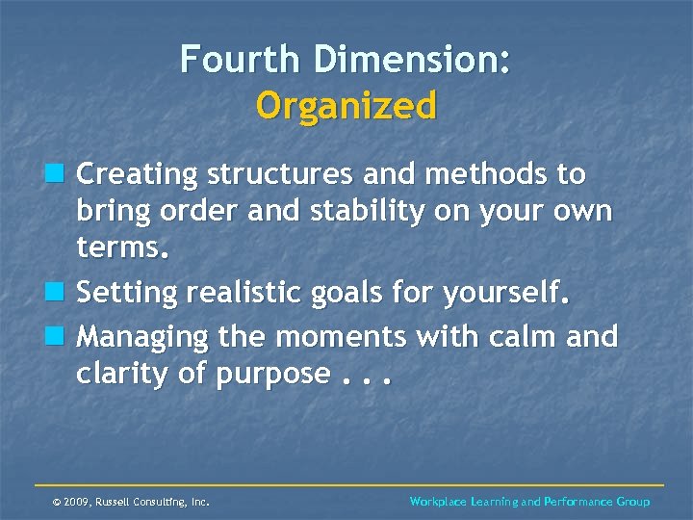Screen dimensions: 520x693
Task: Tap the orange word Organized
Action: tap(346, 104)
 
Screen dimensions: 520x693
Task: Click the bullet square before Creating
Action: tap(60, 174)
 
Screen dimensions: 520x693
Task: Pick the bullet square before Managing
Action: tap(60, 336)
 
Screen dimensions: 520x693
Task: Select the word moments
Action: tap(348, 336)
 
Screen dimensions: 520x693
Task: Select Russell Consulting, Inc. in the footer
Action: tap(155, 502)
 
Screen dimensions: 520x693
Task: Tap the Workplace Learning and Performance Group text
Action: tap(529, 502)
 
